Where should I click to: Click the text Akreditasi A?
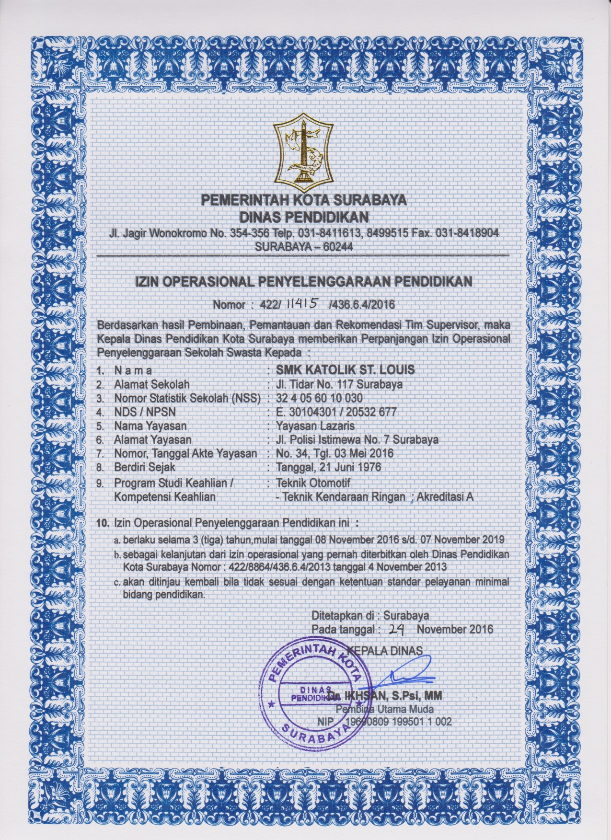pos(446,497)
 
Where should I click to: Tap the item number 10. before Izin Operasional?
pos(102,521)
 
